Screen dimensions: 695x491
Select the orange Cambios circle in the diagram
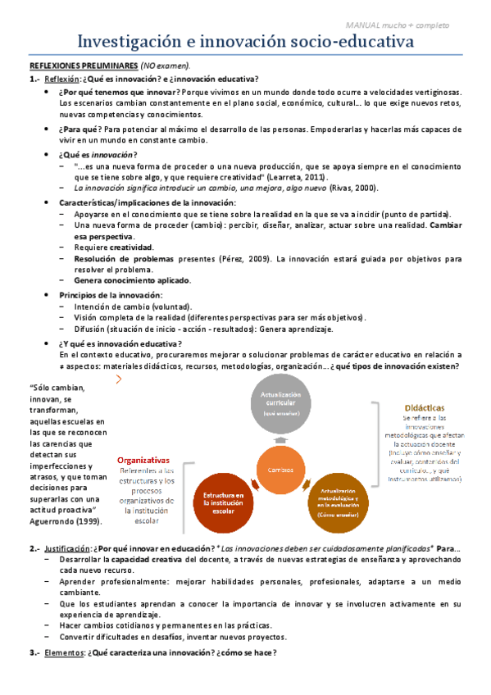(281, 469)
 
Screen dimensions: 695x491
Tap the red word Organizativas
(143, 460)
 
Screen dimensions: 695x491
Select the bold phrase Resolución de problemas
(118, 259)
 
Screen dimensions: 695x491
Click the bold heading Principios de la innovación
(111, 295)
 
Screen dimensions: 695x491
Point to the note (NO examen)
(166, 65)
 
